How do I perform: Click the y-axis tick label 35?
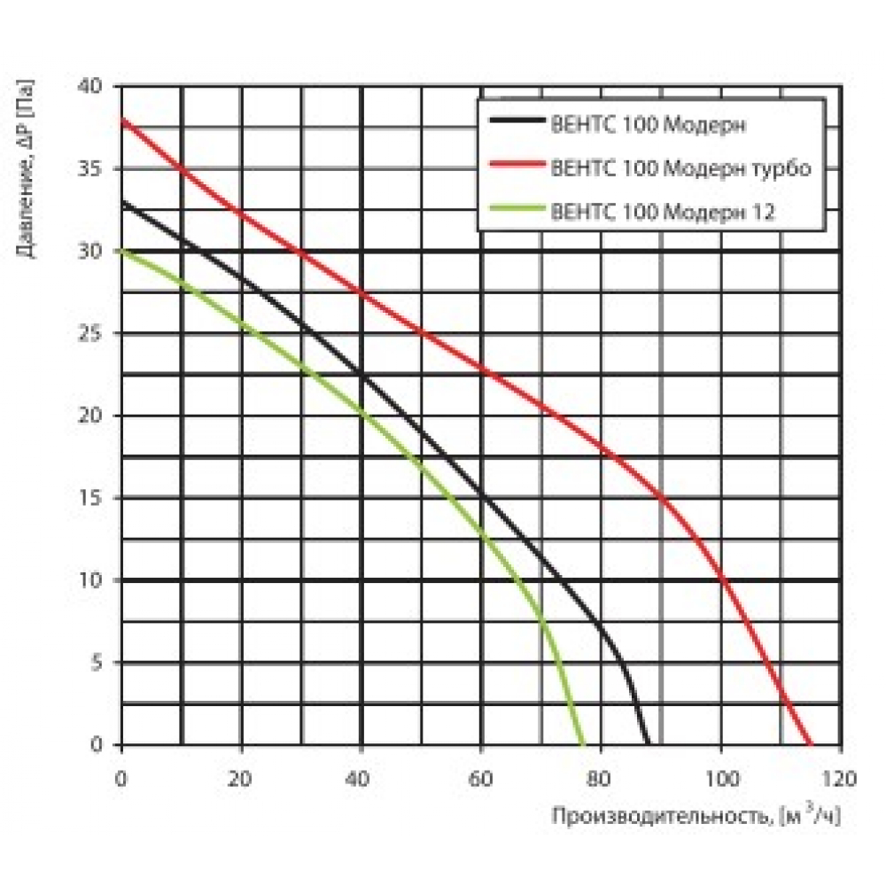(x=96, y=168)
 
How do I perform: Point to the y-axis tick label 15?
(x=96, y=498)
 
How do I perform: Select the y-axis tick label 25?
(x=96, y=333)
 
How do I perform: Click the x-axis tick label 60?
(x=480, y=781)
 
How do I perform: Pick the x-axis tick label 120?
(x=840, y=781)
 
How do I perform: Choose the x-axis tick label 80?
(x=600, y=781)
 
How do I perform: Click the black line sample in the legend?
(x=515, y=125)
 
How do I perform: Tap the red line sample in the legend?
(x=515, y=167)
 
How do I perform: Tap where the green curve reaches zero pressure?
(x=583, y=744)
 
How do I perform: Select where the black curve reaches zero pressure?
(x=649, y=744)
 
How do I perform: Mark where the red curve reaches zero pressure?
(x=811, y=744)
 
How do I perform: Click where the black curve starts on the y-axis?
(x=122, y=202)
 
